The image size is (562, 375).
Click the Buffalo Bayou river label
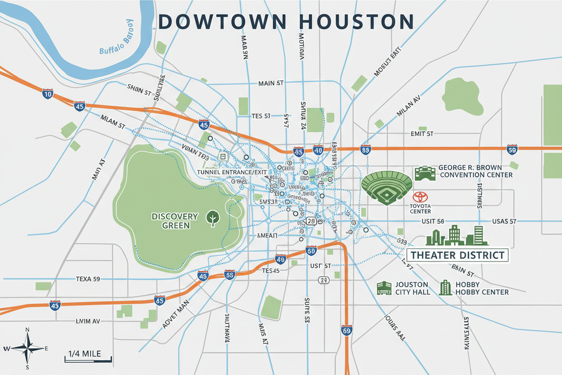click(117, 37)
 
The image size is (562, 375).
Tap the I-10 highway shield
click(48, 94)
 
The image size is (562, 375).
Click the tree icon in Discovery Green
click(211, 219)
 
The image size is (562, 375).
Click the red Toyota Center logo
click(420, 197)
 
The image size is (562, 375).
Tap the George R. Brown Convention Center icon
click(425, 173)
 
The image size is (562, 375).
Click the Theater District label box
click(458, 255)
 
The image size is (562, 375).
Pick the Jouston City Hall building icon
click(384, 288)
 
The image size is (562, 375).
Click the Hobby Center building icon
click(446, 288)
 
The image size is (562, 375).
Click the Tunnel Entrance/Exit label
click(232, 172)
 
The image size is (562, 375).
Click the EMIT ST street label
click(422, 133)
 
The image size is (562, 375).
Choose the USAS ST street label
click(505, 221)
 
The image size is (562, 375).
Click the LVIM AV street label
click(88, 320)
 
